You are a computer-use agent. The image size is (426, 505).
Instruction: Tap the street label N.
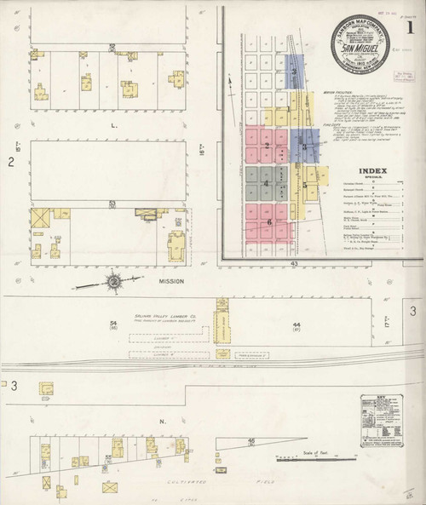[x=114, y=422]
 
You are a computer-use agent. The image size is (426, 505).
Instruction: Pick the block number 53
[x=112, y=203]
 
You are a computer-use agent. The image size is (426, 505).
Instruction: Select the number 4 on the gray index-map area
[x=267, y=183]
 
